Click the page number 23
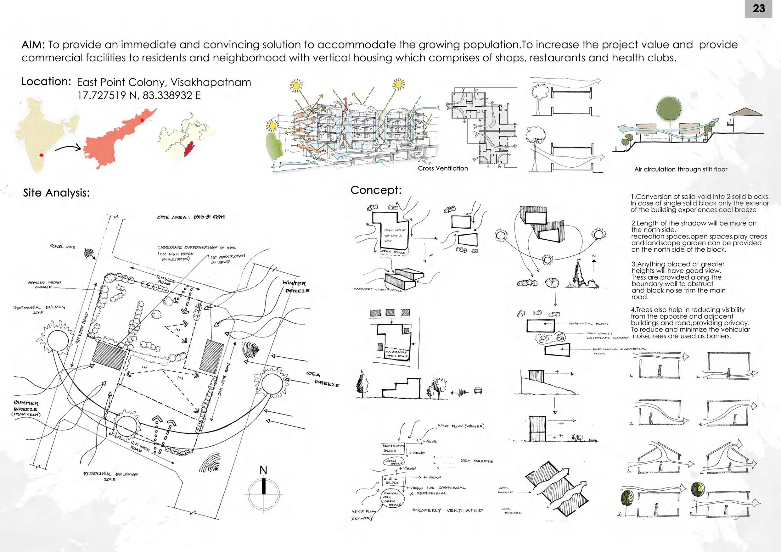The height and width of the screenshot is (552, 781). (x=759, y=8)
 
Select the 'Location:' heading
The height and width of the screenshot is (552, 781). (x=46, y=82)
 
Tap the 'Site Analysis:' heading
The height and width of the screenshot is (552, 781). (x=56, y=193)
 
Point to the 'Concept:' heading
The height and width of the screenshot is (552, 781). (x=376, y=190)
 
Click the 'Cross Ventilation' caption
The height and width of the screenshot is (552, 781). (x=442, y=168)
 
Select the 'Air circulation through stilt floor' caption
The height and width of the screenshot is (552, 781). (x=680, y=170)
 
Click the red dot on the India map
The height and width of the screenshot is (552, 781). (x=41, y=155)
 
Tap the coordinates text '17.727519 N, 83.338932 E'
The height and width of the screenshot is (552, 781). (x=139, y=96)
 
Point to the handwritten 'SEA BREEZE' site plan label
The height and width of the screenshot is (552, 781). (x=323, y=379)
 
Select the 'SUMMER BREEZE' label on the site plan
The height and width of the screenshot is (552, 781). (x=26, y=409)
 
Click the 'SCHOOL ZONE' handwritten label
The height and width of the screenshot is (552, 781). (x=63, y=247)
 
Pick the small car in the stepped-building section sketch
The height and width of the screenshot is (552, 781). (x=478, y=390)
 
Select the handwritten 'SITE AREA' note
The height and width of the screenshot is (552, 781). (x=190, y=217)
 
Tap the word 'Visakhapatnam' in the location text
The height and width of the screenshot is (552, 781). (x=211, y=82)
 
